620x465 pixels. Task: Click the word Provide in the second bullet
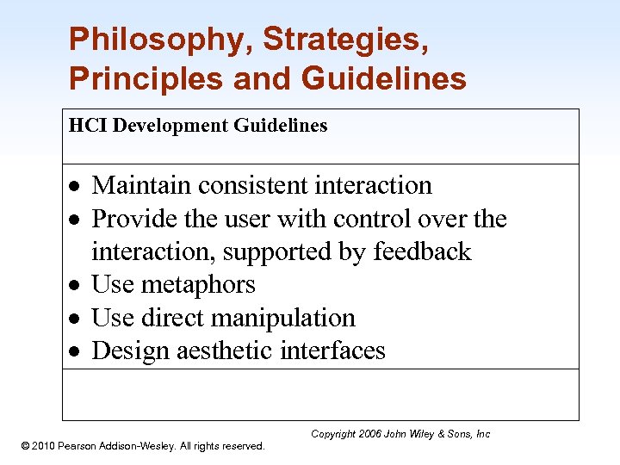click(x=131, y=219)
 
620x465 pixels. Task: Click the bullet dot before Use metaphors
click(x=77, y=286)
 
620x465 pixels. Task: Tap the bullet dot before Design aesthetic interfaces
click(x=77, y=352)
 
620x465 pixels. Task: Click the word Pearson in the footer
click(x=89, y=445)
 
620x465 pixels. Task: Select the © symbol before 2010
click(x=25, y=445)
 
